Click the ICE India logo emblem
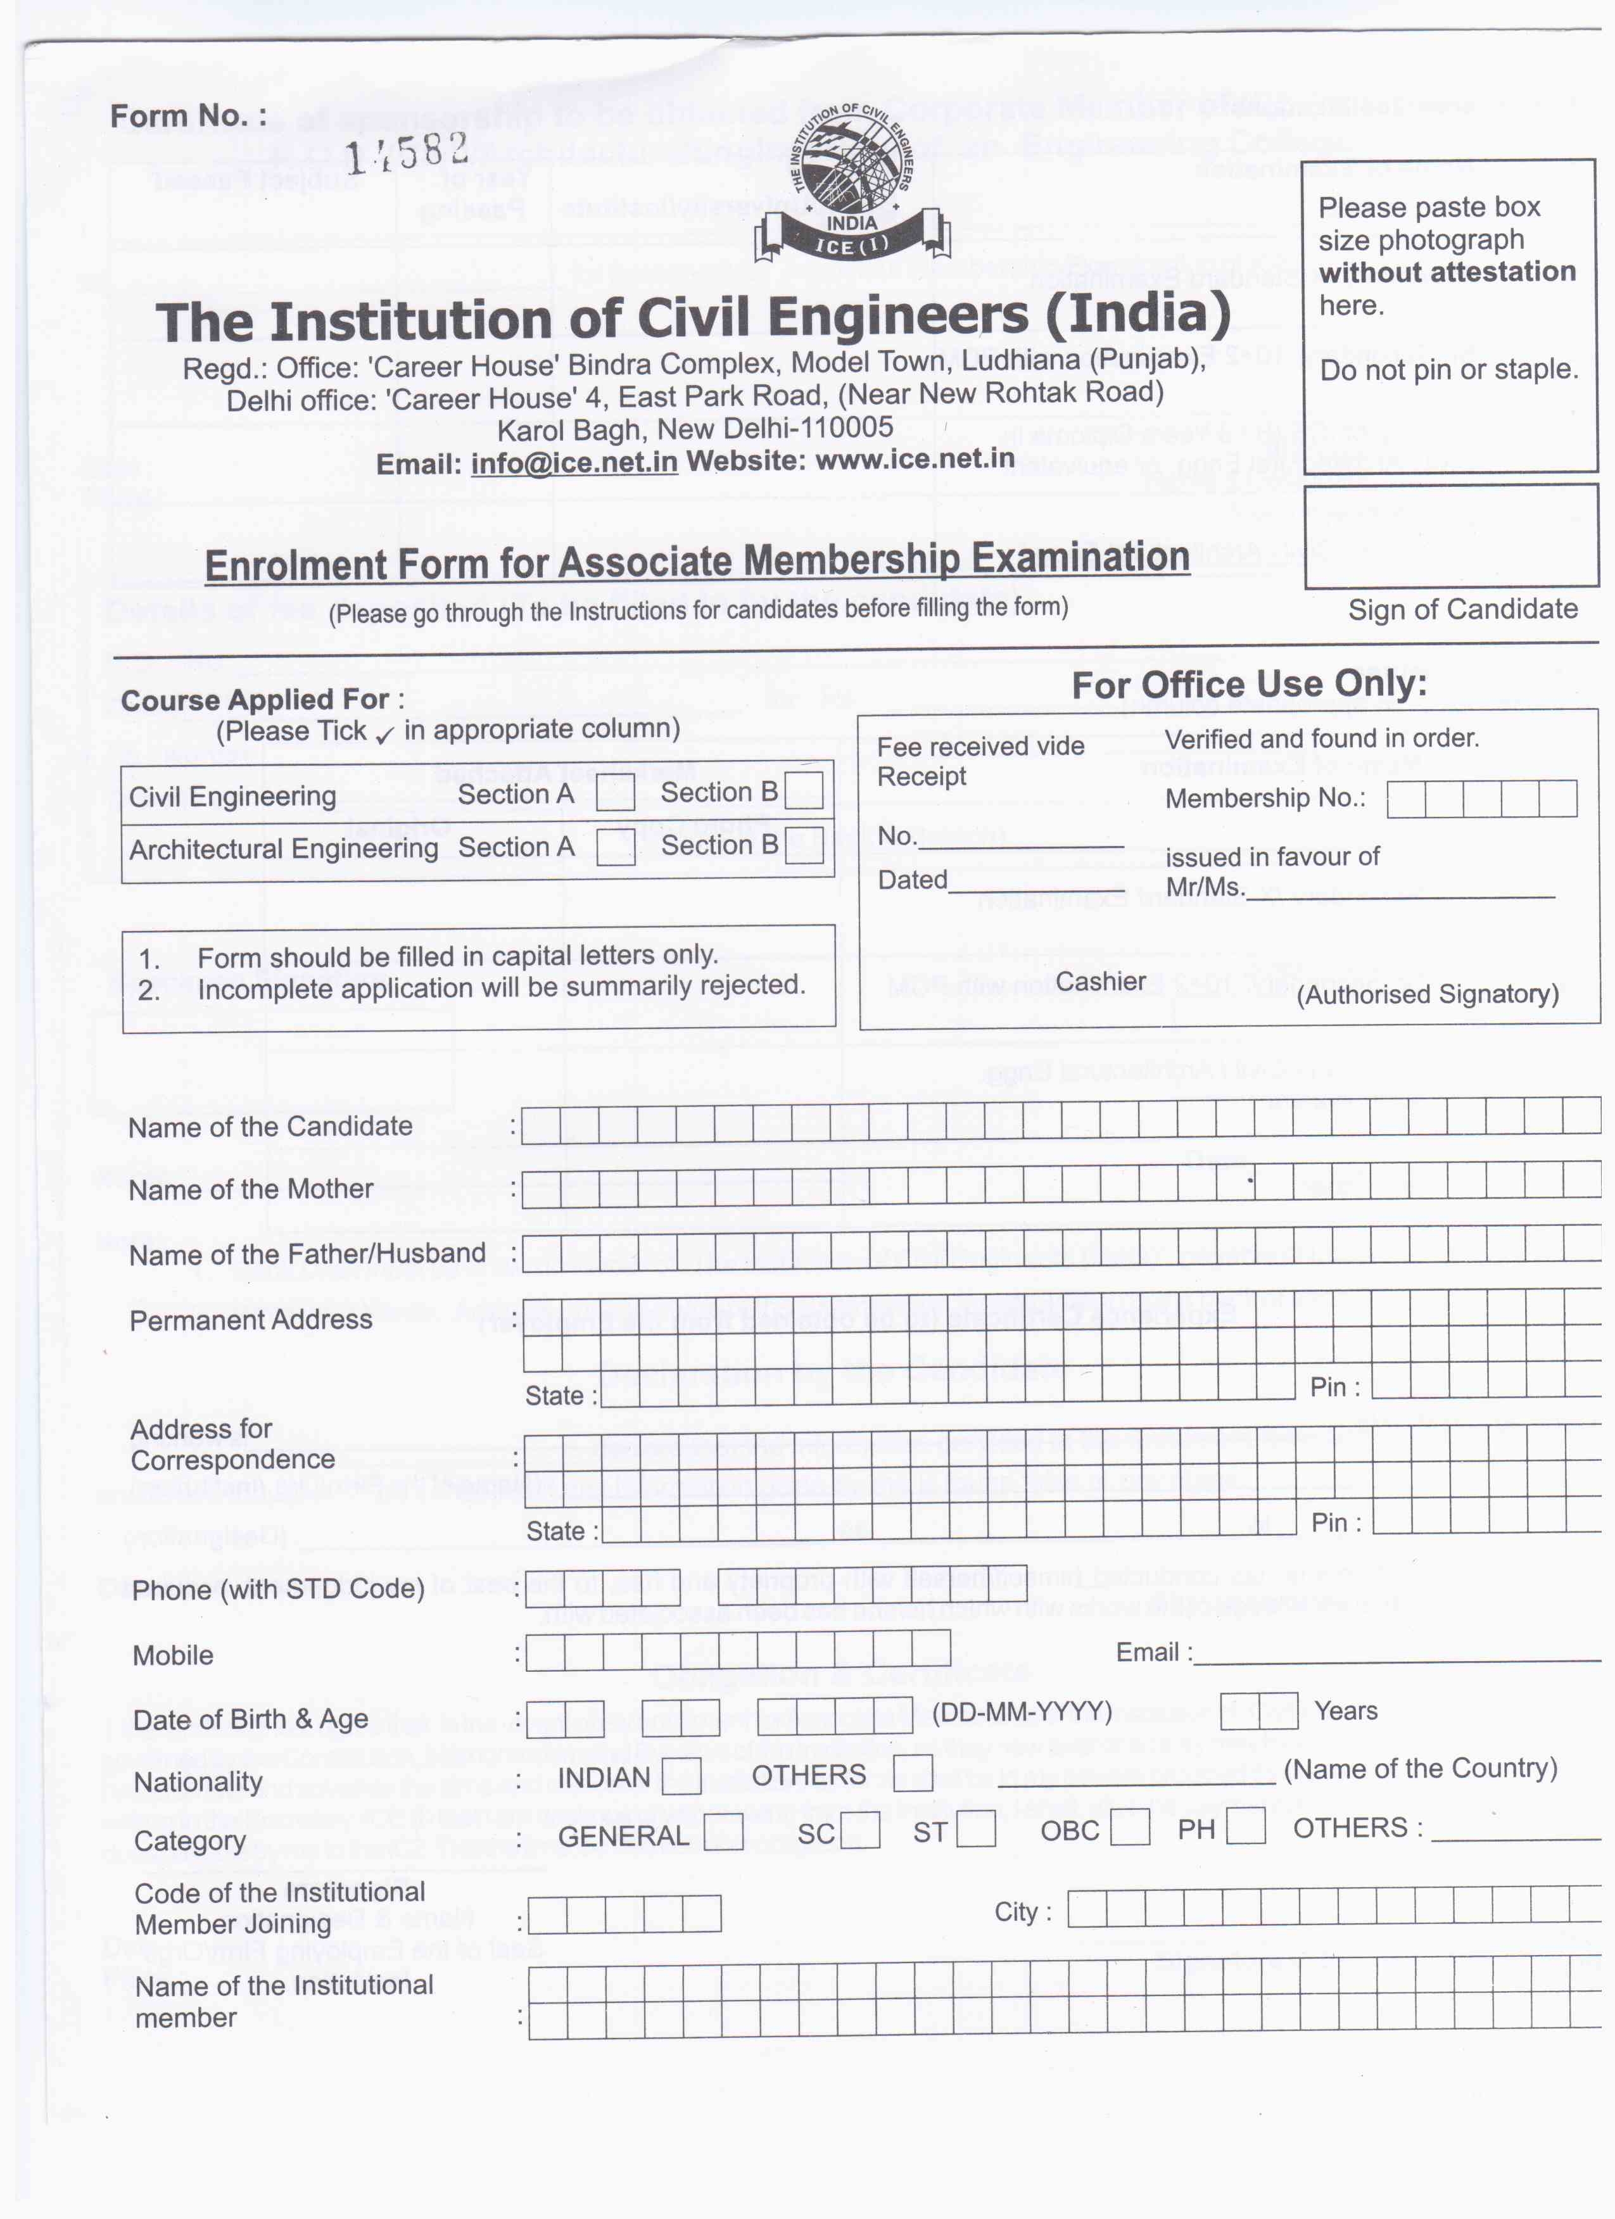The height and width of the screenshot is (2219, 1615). [852, 183]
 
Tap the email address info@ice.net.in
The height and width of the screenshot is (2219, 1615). [574, 462]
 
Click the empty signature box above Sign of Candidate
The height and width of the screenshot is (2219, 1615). [1451, 537]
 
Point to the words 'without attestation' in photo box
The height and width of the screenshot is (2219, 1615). [1447, 272]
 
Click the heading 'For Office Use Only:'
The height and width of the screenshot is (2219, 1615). [1249, 684]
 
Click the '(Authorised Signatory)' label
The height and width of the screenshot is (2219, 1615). [1427, 994]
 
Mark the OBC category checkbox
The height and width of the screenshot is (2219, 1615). [1130, 1828]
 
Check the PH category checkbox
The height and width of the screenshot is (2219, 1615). [1245, 1826]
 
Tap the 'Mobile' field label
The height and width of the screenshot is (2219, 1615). [173, 1655]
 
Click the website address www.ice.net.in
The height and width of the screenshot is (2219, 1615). [914, 458]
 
